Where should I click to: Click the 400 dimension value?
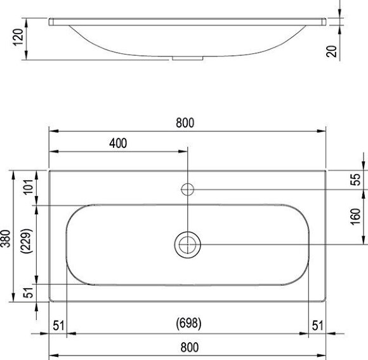click(x=118, y=143)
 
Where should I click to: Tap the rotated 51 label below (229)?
click(x=27, y=293)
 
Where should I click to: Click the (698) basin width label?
click(x=188, y=324)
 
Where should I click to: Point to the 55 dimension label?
click(x=355, y=180)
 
